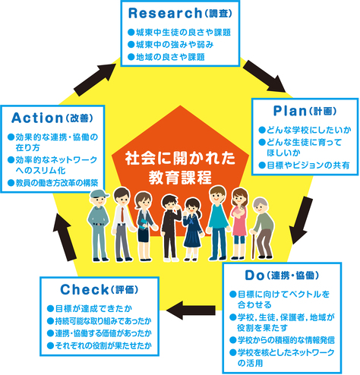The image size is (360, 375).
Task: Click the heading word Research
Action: [165, 13]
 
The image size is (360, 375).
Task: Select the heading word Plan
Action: [290, 111]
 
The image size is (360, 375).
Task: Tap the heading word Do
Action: [254, 276]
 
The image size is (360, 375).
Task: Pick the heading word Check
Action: [84, 289]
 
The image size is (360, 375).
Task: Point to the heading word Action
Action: [37, 118]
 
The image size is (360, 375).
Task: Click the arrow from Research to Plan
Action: [264, 77]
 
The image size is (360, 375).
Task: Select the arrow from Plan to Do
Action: [301, 220]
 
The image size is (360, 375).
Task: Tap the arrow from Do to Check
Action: [191, 310]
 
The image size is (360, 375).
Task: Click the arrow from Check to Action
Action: [65, 237]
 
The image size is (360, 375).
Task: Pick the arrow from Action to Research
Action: [95, 80]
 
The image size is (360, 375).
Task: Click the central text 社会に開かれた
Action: [180, 159]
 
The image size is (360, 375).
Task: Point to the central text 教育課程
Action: [180, 178]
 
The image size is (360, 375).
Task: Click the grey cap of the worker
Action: [99, 194]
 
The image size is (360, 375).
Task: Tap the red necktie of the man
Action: [123, 214]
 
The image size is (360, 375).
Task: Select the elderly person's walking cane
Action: [253, 244]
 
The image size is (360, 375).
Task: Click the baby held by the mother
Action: [241, 211]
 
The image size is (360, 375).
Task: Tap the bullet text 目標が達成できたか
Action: [90, 309]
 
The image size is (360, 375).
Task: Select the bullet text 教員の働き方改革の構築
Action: [53, 183]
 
